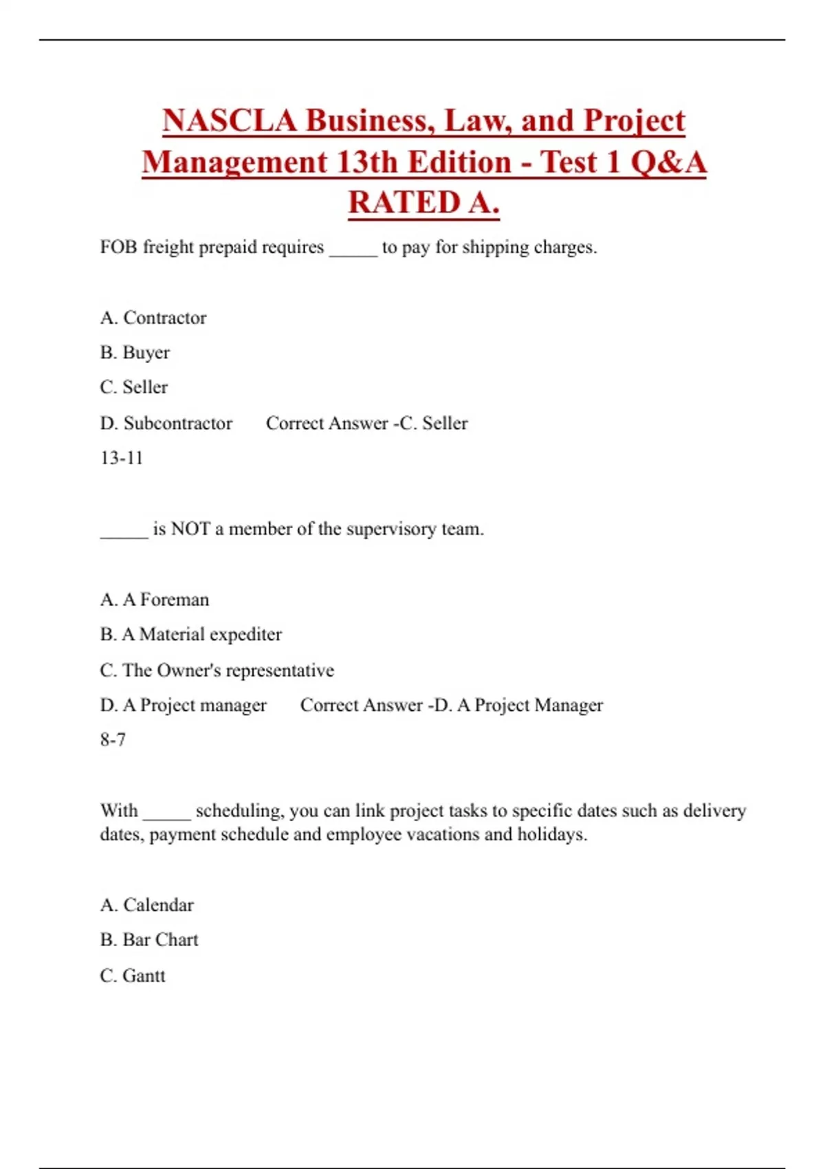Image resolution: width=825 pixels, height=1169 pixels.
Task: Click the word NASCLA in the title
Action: coord(230,121)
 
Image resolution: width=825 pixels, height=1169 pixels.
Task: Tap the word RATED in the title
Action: coord(404,203)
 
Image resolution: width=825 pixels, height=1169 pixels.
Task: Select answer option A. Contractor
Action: coord(153,318)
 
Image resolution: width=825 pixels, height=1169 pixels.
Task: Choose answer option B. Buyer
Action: coord(135,353)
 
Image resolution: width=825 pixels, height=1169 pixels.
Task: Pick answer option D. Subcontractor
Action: coord(166,423)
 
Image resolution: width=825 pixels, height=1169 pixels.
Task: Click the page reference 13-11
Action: coord(121,458)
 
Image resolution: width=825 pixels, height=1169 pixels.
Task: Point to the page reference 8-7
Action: coord(113,740)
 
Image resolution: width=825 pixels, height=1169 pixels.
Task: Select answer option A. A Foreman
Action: coord(154,600)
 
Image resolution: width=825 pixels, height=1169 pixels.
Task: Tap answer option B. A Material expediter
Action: coord(190,635)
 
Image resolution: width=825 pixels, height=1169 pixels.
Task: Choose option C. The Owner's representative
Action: coord(217,670)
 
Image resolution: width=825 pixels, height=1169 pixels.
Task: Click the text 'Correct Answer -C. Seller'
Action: coord(366,423)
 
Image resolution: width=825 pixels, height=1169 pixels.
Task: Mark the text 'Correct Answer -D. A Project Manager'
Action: coord(451,705)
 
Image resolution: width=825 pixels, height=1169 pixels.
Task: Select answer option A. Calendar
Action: coord(146,905)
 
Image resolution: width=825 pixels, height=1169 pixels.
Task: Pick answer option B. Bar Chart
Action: coord(148,940)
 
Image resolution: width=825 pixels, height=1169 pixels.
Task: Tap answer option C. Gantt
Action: coord(133,976)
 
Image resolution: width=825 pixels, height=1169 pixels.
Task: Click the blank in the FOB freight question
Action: coord(353,249)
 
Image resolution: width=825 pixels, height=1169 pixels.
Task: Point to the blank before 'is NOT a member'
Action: coord(124,531)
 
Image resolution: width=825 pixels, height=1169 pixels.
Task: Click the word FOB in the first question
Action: coord(118,247)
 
